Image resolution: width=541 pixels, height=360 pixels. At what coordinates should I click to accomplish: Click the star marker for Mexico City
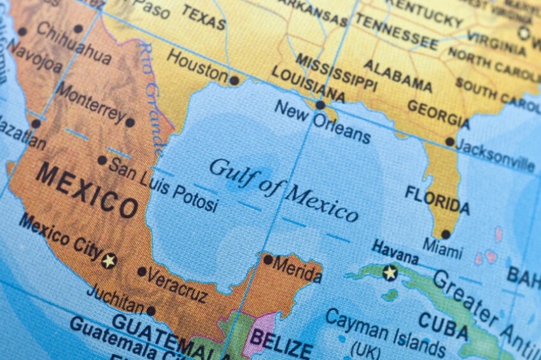tap(109, 260)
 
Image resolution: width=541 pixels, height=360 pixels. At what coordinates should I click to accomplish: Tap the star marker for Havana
tap(390, 273)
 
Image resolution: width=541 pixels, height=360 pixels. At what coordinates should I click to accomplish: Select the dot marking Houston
tap(234, 81)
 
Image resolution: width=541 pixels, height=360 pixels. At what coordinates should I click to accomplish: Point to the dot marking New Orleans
tap(320, 105)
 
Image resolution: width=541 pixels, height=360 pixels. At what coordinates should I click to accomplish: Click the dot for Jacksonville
tap(450, 142)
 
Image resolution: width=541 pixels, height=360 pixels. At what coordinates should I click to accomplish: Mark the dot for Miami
tap(446, 234)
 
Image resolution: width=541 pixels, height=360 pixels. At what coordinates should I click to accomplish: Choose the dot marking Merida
tap(268, 260)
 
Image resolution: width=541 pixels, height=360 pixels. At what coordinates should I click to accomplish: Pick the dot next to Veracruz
tap(141, 272)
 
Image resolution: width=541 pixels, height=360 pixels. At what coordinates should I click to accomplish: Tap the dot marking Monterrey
tap(130, 123)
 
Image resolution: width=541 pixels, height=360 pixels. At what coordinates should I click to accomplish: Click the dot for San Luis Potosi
tap(102, 160)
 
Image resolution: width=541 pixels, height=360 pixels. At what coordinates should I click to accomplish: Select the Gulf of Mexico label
tap(283, 189)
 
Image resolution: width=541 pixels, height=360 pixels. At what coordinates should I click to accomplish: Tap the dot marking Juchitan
tap(151, 311)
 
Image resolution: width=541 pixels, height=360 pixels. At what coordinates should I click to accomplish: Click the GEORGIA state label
tap(438, 114)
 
